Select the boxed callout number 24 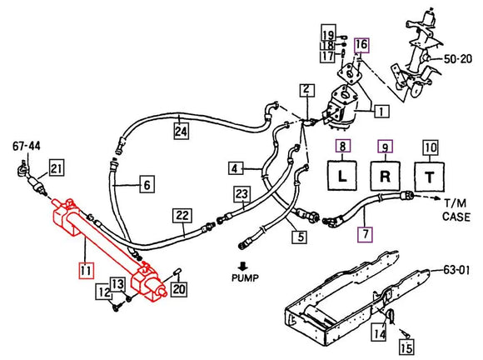click(x=181, y=130)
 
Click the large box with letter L click(x=341, y=177)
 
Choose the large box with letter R click(x=385, y=177)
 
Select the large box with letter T click(x=428, y=177)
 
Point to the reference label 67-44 click(x=27, y=146)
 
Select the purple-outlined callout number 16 click(x=361, y=43)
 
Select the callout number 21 click(x=57, y=169)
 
